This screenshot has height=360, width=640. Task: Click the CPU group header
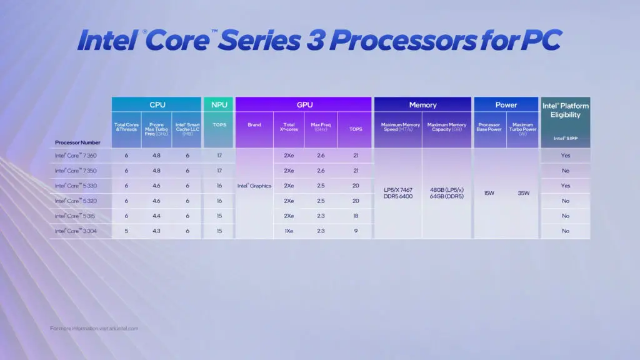pyautogui.click(x=157, y=105)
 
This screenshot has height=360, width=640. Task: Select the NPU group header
pyautogui.click(x=219, y=105)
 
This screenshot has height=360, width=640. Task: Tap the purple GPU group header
pyautogui.click(x=304, y=105)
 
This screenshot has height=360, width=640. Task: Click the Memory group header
pyautogui.click(x=422, y=105)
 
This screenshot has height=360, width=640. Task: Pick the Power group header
pyautogui.click(x=506, y=105)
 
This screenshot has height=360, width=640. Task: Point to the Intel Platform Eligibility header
pyautogui.click(x=566, y=111)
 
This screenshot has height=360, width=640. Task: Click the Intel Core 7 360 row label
pyautogui.click(x=76, y=156)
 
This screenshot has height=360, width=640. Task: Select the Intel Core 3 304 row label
pyautogui.click(x=76, y=231)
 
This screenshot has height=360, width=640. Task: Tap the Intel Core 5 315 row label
pyautogui.click(x=76, y=216)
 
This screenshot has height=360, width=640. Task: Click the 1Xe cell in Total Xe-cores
pyautogui.click(x=289, y=231)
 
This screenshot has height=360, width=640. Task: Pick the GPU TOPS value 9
pyautogui.click(x=356, y=231)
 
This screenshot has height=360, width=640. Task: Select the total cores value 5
pyautogui.click(x=126, y=231)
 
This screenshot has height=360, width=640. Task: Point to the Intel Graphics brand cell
pyautogui.click(x=254, y=186)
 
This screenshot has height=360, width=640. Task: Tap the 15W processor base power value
pyautogui.click(x=490, y=193)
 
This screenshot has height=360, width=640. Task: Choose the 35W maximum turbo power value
pyautogui.click(x=524, y=193)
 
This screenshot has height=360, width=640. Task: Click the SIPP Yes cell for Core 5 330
pyautogui.click(x=566, y=186)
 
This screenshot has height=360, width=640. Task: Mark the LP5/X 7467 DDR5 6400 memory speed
pyautogui.click(x=397, y=193)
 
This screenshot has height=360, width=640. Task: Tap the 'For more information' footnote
pyautogui.click(x=94, y=328)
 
